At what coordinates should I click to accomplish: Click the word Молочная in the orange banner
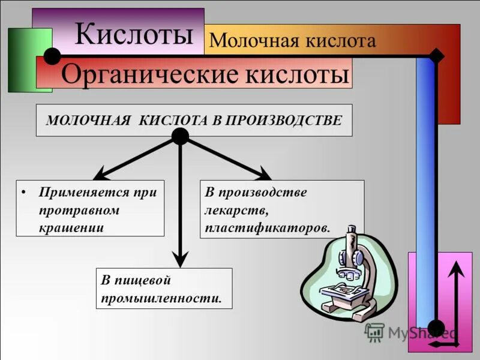(245, 41)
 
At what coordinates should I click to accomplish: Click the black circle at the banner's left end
(52, 56)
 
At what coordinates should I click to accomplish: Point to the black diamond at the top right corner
(437, 56)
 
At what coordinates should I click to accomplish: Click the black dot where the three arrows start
(180, 137)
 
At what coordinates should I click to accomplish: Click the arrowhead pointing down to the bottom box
(180, 259)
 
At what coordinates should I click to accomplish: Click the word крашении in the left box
(71, 227)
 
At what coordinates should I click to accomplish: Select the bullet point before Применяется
(23, 193)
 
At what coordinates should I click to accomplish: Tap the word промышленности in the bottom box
(161, 297)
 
